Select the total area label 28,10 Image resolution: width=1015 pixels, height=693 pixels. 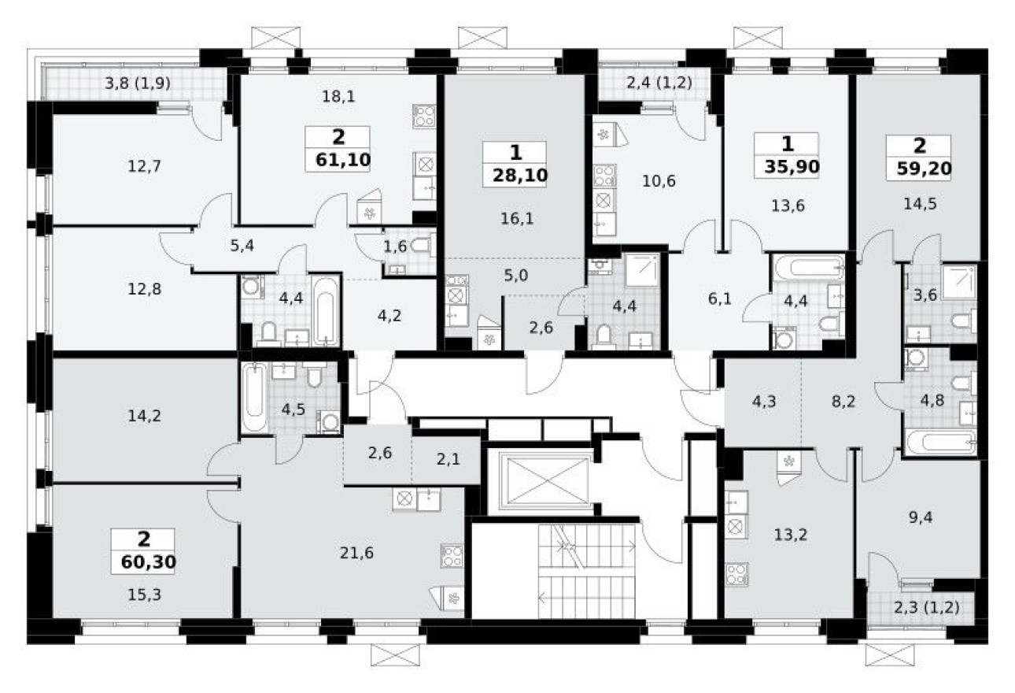[x=514, y=173]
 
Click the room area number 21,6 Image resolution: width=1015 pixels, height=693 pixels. [x=358, y=553]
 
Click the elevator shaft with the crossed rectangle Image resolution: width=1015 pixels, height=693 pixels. [x=539, y=480]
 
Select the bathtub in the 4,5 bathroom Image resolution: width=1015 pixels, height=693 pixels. [x=254, y=397]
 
